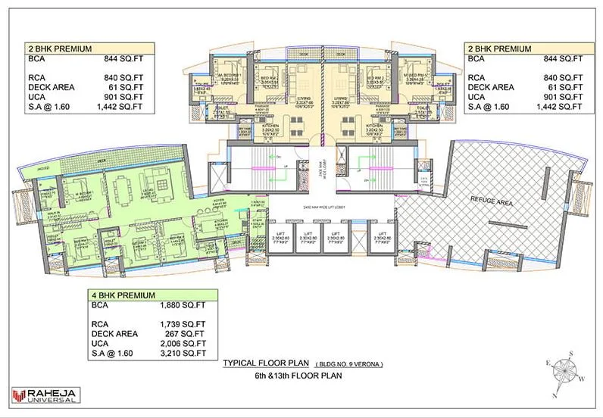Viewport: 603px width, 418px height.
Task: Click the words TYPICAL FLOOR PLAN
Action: [264, 363]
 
